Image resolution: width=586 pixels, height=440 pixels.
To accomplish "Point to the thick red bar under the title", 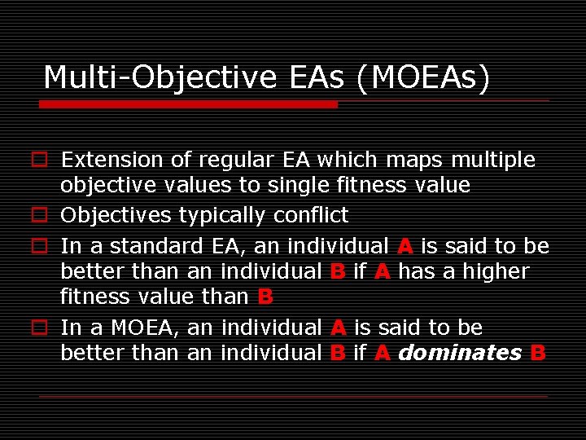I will [x=188, y=104].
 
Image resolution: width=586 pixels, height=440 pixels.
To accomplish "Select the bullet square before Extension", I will [x=38, y=161].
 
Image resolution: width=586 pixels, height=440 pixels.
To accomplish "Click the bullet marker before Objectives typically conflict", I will [x=38, y=216].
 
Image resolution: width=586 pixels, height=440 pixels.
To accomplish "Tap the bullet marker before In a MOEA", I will [x=38, y=328].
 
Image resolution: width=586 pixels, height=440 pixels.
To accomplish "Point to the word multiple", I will [x=491, y=160].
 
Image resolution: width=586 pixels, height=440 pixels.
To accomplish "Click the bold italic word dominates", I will [x=460, y=353].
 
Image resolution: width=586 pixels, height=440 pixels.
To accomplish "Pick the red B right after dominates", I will [x=537, y=353].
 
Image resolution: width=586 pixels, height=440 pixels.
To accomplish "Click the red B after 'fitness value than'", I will [x=265, y=297].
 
